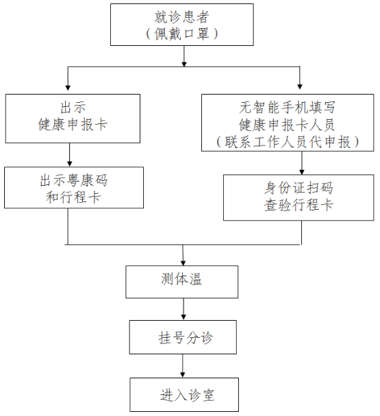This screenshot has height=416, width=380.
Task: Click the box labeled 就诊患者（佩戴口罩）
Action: click(x=182, y=25)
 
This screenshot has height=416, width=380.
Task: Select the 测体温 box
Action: click(x=182, y=282)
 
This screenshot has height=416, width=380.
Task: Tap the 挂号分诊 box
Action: click(x=183, y=337)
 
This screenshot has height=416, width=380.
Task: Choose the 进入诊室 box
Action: click(x=184, y=395)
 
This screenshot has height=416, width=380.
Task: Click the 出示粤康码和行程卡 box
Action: click(x=74, y=188)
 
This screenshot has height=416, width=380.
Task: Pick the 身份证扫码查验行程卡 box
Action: click(x=299, y=197)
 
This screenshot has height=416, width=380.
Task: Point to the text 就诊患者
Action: click(x=182, y=17)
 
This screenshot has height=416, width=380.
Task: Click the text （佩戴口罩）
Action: click(x=182, y=34)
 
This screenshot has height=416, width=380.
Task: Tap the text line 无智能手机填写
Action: click(x=288, y=107)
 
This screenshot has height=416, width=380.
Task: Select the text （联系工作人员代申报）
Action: click(x=288, y=142)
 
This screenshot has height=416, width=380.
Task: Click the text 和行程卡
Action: click(x=73, y=197)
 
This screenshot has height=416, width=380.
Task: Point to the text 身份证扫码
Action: click(x=299, y=188)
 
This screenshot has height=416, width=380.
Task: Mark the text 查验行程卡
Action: click(x=299, y=205)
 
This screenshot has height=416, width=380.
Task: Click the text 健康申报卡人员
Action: click(x=287, y=125)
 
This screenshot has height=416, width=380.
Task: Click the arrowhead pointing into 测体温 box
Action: click(x=183, y=263)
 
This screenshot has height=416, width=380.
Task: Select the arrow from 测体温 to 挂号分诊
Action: click(x=183, y=309)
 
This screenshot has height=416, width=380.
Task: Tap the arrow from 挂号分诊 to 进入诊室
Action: click(x=183, y=366)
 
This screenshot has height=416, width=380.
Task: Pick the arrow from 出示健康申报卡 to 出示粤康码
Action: click(x=69, y=155)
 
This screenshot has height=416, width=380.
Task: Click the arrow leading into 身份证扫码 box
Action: click(x=301, y=163)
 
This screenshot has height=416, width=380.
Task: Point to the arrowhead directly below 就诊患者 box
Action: click(x=184, y=64)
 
